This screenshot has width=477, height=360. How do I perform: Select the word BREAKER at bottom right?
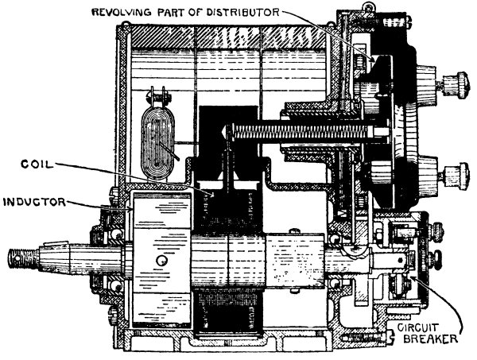[430, 339]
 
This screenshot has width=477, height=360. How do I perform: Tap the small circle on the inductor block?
[162, 261]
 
